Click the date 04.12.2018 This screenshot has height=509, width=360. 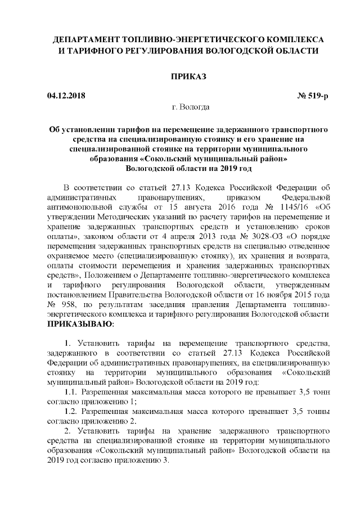(66, 95)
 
